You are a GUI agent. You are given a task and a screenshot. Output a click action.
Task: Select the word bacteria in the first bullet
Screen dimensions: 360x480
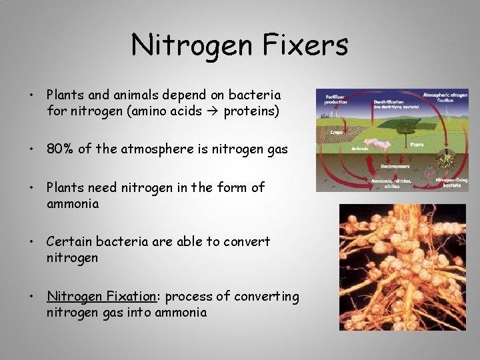256,95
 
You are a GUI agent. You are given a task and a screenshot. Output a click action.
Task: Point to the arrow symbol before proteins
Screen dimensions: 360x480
213,111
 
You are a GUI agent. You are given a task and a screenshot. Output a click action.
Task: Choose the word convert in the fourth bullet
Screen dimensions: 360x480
247,241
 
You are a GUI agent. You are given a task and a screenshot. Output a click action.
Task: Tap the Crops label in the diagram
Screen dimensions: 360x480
336,132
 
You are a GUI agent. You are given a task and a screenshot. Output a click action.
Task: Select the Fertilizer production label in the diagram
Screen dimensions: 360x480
335,99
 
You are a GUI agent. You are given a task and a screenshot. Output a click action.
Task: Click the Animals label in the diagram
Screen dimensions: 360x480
359,149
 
